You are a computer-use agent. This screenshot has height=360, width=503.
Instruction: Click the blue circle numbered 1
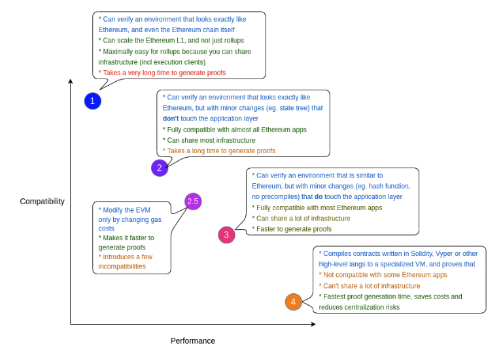coord(93,101)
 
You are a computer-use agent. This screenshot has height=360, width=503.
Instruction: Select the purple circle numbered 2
coord(160,168)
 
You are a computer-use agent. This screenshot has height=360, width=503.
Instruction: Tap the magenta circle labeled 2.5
coord(193,202)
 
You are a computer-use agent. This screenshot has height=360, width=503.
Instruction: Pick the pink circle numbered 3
coord(226,235)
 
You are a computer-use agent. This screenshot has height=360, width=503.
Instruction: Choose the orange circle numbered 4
coord(293,302)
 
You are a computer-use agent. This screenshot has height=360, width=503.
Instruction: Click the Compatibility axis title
coord(43,202)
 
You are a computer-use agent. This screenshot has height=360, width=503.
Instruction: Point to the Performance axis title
coord(193,341)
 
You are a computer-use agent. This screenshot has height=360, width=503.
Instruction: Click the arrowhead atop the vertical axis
coord(71,81)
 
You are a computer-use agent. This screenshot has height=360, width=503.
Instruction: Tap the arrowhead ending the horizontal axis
coord(313,324)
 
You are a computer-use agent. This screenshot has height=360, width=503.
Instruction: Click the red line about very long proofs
coord(162,73)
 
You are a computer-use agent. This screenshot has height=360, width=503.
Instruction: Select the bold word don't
coord(171,118)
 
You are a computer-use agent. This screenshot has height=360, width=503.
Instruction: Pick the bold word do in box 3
coord(319,196)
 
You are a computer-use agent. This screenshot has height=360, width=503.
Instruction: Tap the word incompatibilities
coord(122,266)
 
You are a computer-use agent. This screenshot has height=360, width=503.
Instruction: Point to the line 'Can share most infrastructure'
coord(209,140)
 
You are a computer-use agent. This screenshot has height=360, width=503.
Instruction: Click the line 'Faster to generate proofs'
coord(292,229)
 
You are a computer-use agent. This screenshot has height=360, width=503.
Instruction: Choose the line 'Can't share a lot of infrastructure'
coord(370,286)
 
